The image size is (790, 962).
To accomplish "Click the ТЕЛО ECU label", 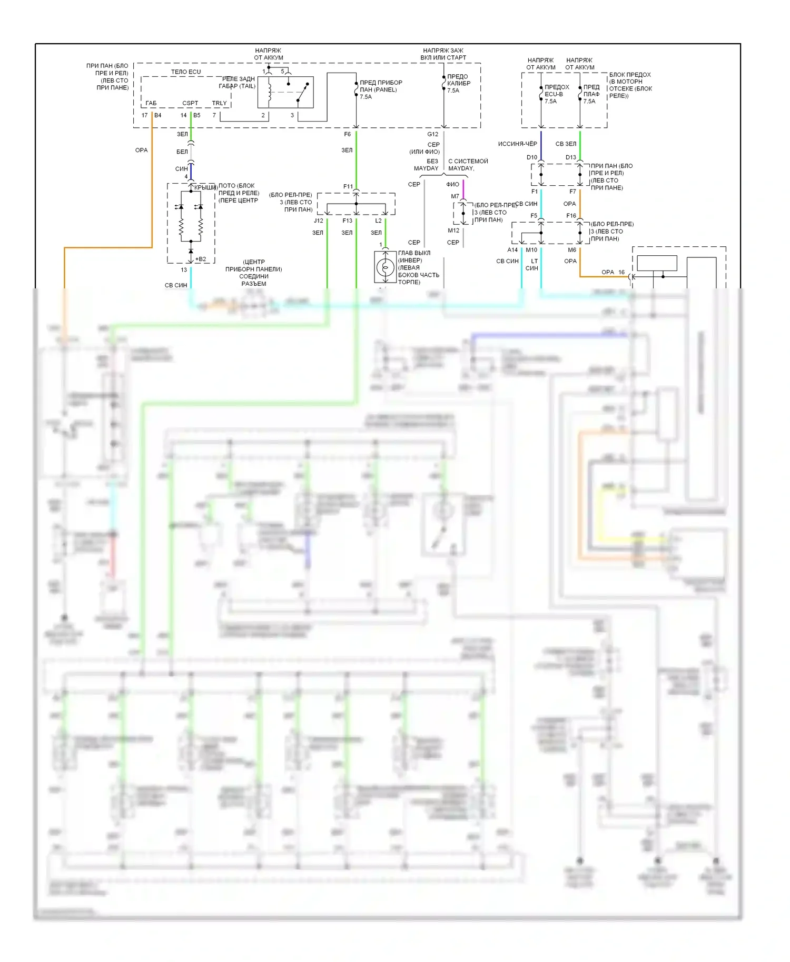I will [x=185, y=72].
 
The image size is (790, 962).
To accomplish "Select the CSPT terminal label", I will [x=190, y=103].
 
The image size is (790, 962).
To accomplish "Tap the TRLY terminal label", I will [x=219, y=103].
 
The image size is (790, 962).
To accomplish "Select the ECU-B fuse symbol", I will [x=541, y=94].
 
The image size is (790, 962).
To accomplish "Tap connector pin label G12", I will [x=432, y=134].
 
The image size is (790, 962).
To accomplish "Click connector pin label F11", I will [x=348, y=186].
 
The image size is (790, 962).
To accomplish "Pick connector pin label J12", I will [x=318, y=221].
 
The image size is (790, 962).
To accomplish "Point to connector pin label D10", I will [x=531, y=157].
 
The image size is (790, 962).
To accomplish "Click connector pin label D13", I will [x=570, y=157].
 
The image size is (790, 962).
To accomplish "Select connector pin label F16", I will [x=571, y=216].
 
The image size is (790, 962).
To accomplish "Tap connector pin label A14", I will [x=512, y=250].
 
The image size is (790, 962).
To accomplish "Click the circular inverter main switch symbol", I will [x=385, y=267].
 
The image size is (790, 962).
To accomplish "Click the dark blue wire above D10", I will [x=541, y=145].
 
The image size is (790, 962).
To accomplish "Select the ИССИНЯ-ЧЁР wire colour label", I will [x=517, y=144].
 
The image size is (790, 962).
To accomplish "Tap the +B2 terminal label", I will [x=201, y=259].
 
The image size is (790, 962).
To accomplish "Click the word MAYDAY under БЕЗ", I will [x=426, y=168].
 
